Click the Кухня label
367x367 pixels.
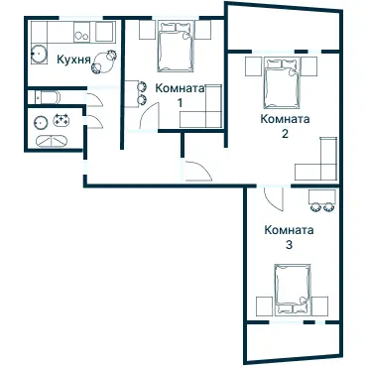coord(73,60)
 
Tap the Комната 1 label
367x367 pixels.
coord(180,95)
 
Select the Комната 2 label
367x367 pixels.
coord(285,126)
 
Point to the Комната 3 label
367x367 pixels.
coord(289,237)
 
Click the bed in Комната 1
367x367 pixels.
coord(175,47)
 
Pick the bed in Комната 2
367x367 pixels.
coord(282,82)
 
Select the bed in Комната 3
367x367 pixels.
coord(293,290)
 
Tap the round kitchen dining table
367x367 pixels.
coord(104,62)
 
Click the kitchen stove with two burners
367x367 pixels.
coord(82,32)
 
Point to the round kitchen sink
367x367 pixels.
coord(39,54)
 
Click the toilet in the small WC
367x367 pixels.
coord(48,97)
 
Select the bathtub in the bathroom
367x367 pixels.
coord(52,141)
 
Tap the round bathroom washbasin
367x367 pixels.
coord(40,123)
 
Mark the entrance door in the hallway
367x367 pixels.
coord(198,171)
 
